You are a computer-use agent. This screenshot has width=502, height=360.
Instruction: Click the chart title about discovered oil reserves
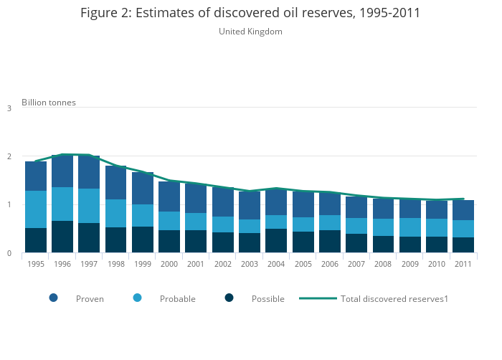pyautogui.click(x=250, y=13)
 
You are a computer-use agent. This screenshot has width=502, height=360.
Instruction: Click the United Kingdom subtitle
pyautogui.click(x=250, y=32)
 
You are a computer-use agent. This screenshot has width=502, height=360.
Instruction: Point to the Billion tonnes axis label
pyautogui.click(x=48, y=103)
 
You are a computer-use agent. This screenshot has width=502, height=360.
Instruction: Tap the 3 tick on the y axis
pyautogui.click(x=9, y=108)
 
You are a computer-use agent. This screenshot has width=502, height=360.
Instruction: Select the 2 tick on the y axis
pyautogui.click(x=9, y=156)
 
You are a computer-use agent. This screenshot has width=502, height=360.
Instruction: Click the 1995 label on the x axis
pyautogui.click(x=35, y=264)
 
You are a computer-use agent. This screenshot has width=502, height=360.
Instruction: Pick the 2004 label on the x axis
pyautogui.click(x=276, y=264)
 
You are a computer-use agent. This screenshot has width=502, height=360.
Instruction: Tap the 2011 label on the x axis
pyautogui.click(x=463, y=264)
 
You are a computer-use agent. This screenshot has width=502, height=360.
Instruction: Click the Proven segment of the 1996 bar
pyautogui.click(x=62, y=171)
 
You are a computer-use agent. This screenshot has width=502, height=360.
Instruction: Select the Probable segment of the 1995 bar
pyautogui.click(x=35, y=209)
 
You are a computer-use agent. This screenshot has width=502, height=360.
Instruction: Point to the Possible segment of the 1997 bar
pyautogui.click(x=89, y=237)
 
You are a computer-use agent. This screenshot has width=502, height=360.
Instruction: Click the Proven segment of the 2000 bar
pyautogui.click(x=169, y=196)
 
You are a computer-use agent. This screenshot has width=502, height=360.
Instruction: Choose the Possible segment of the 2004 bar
pyautogui.click(x=276, y=240)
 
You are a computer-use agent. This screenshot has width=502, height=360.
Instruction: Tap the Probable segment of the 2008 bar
pyautogui.click(x=383, y=227)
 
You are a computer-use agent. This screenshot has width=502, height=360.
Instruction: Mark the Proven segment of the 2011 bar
pyautogui.click(x=463, y=210)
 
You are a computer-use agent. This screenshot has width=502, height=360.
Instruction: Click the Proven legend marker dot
pyautogui.click(x=54, y=298)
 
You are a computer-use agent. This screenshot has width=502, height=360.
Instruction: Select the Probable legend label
pyautogui.click(x=178, y=299)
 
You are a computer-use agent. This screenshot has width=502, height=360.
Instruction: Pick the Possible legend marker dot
pyautogui.click(x=229, y=298)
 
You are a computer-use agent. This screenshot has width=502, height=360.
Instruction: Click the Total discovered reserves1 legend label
pyautogui.click(x=394, y=299)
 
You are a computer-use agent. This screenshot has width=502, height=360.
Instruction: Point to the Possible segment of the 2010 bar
pyautogui.click(x=437, y=245)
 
